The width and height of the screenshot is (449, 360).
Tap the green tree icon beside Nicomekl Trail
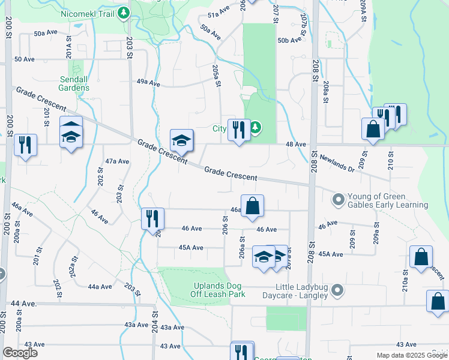tap(124, 13)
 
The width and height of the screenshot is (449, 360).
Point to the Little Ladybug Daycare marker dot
tap(337, 291)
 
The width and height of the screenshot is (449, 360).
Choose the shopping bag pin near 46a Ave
tap(253, 206)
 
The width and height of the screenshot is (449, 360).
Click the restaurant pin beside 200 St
tap(25, 145)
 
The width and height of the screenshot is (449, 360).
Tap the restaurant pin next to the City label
tap(239, 130)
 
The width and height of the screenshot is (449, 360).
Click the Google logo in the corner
tap(20, 353)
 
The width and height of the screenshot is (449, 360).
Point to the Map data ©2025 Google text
tap(411, 355)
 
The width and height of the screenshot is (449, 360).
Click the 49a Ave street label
tap(148, 83)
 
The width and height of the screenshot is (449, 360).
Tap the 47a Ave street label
tap(117, 161)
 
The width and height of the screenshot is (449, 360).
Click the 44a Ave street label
tap(100, 287)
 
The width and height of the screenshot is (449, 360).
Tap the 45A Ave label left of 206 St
tap(191, 248)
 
